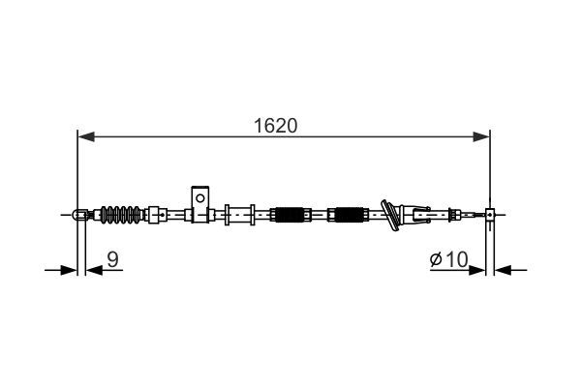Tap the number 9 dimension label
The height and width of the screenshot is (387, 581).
coord(113,258)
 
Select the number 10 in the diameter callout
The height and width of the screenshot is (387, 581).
coord(456,258)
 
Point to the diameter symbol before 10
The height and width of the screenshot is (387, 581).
coord(437,259)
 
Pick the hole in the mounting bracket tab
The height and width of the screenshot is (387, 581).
coord(199,196)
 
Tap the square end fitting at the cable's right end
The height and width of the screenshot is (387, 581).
coord(490,215)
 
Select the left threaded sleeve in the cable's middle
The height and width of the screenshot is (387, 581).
coord(289,214)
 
